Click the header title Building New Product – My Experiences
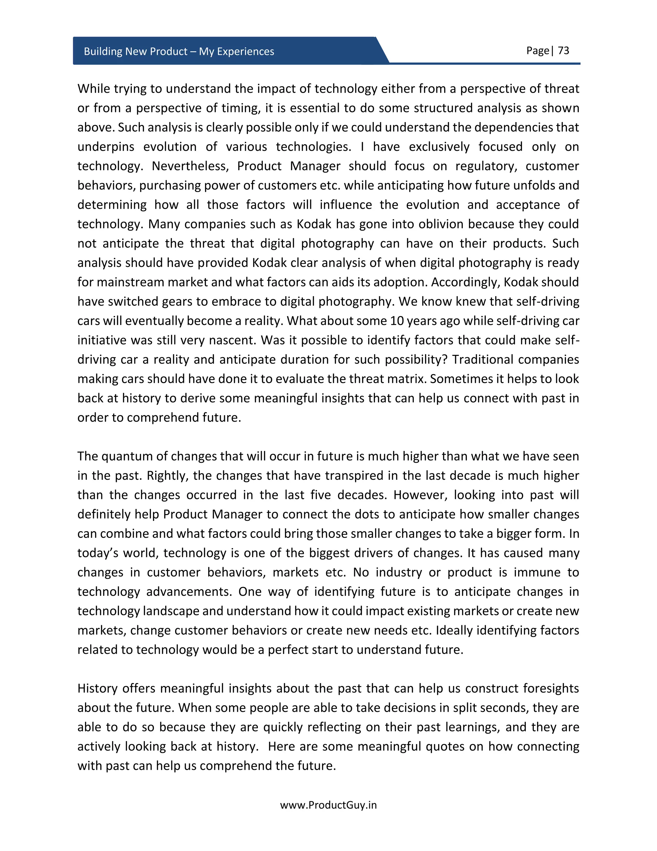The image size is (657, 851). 179,51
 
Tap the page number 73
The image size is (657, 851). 563,51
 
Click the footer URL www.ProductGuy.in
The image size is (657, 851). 328,805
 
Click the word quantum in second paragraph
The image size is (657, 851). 126,456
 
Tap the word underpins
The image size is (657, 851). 106,147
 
